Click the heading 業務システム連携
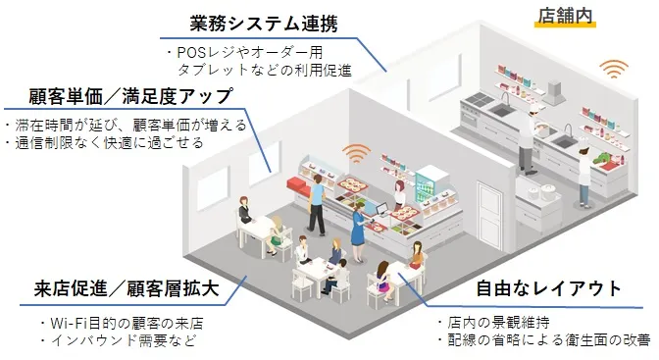(x=257, y=23)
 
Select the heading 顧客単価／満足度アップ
(x=118, y=96)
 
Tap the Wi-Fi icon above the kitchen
(x=615, y=69)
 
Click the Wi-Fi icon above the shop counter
(x=355, y=154)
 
